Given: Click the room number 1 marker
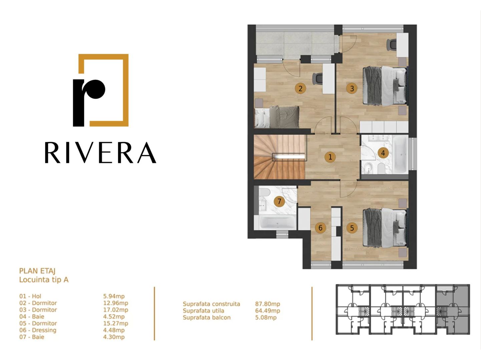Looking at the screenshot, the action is click(330, 157).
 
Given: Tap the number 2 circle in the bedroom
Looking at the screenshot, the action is click(300, 88).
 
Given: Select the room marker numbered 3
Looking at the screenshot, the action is click(352, 88).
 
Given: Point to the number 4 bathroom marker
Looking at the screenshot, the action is click(383, 153).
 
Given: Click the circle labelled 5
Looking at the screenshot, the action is click(352, 228).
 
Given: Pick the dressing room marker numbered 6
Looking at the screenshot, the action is click(320, 228).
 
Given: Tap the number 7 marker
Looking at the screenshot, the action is click(279, 201).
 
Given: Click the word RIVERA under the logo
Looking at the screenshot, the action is click(100, 153).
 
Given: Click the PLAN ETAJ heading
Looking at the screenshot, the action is click(37, 271).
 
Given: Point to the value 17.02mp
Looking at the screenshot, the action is click(115, 310).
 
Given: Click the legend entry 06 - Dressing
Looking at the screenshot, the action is click(38, 330).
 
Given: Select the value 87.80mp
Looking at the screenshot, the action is click(267, 304).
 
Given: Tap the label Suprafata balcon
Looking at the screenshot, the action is click(206, 317).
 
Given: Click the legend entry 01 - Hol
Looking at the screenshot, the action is click(30, 296).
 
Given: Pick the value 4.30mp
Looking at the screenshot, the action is click(114, 337).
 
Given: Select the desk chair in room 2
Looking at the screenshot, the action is click(318, 78).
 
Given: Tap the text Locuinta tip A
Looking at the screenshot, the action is click(44, 280).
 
